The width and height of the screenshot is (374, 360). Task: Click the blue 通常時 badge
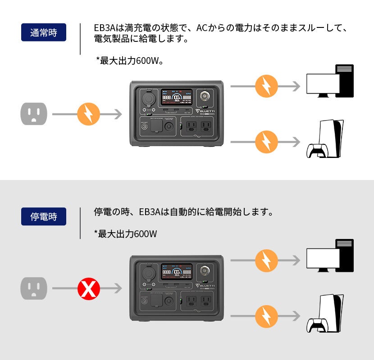coord(44,32)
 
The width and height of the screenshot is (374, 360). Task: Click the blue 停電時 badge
coord(44,216)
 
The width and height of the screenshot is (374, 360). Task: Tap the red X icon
coord(88,288)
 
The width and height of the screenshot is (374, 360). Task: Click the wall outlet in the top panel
coord(34,114)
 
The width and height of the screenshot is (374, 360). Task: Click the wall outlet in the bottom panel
coord(34,288)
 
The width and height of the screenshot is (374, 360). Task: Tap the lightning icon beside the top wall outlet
coord(88,114)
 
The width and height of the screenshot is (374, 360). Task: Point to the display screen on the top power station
coord(177,96)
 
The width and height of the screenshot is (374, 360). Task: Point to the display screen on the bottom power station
coord(177,271)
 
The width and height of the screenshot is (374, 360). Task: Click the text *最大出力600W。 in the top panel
coord(129,60)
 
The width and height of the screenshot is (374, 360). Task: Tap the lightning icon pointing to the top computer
coord(266,86)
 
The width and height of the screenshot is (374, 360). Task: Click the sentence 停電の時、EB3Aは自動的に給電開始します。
coord(183,211)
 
